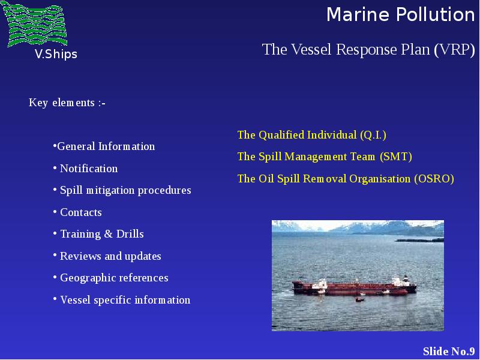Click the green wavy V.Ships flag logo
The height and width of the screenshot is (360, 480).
[x=34, y=24]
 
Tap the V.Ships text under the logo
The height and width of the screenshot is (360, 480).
[x=56, y=54]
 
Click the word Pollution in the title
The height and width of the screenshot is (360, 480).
[x=435, y=14]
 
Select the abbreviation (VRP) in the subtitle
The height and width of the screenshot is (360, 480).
[x=455, y=50]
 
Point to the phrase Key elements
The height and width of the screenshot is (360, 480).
[x=62, y=103]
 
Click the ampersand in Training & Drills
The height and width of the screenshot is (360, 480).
[x=109, y=234]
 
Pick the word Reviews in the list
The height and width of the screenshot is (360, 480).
[x=80, y=256]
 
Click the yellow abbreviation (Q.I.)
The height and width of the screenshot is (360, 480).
[x=373, y=135]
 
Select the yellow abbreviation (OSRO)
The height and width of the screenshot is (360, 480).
[x=434, y=179]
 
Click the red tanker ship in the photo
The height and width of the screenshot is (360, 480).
[x=355, y=287]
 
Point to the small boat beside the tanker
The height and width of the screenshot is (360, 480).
[x=361, y=298]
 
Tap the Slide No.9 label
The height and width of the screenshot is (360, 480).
[x=449, y=351]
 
